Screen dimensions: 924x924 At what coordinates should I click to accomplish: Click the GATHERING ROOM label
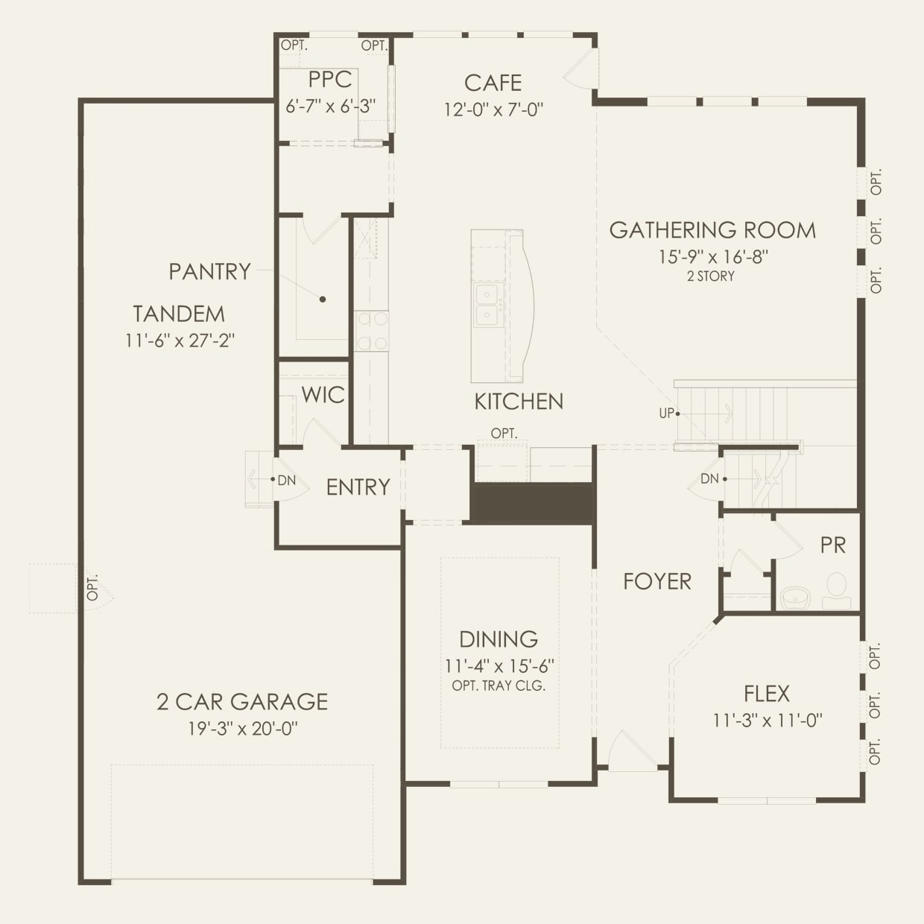[712, 230]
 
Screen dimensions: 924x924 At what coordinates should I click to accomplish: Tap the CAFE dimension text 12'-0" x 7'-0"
[493, 110]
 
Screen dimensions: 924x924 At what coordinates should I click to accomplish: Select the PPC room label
[329, 80]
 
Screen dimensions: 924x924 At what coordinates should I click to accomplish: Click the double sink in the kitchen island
[487, 305]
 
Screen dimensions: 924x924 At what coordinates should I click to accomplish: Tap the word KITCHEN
[519, 402]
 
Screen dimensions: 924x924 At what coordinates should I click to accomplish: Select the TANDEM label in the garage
[179, 314]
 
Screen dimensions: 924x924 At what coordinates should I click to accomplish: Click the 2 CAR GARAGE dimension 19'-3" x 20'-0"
[242, 729]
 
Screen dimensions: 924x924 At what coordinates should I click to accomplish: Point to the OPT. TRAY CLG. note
[499, 686]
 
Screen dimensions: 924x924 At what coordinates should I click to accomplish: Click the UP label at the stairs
[665, 413]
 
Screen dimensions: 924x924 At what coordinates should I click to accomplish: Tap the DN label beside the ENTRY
[286, 481]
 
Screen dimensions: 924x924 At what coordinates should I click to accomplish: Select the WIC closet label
[323, 394]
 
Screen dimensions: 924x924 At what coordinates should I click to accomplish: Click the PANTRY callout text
[209, 271]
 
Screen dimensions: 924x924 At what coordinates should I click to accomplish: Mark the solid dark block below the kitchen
[531, 503]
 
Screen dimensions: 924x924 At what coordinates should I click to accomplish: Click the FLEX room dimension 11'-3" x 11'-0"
[768, 721]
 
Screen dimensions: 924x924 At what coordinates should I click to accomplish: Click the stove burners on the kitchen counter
[371, 331]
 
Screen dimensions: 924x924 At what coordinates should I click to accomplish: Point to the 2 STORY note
[710, 276]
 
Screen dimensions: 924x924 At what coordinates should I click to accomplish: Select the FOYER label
[656, 581]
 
